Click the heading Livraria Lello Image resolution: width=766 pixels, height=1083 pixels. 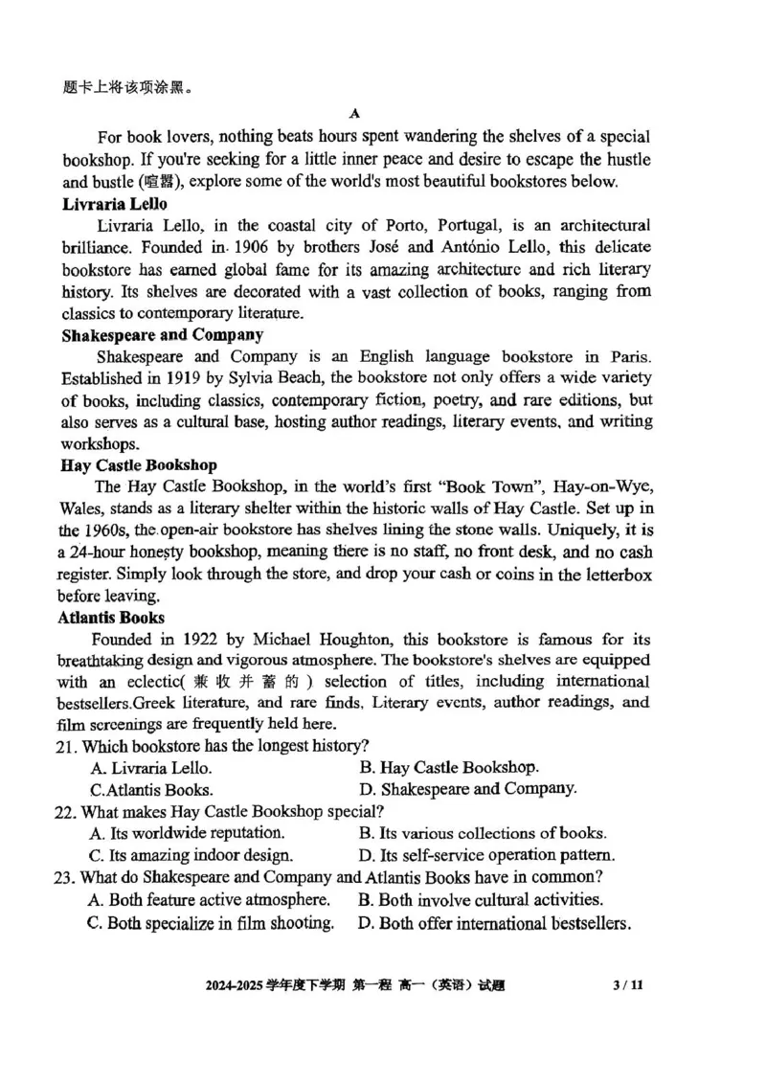pos(114,204)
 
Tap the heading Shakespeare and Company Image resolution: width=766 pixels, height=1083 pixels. pos(162,334)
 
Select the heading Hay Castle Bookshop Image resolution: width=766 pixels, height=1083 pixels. pos(139,465)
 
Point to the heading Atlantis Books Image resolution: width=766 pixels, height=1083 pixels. pos(111,618)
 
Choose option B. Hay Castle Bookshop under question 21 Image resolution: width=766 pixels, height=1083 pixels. pos(449,767)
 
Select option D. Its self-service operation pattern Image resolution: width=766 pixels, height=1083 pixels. pos(486,855)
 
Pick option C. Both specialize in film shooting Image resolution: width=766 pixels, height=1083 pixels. pos(211,924)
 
